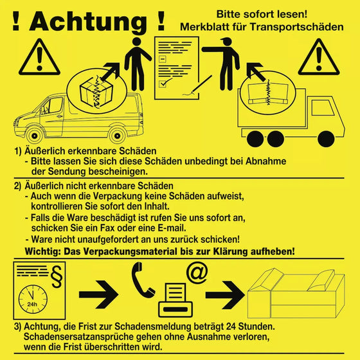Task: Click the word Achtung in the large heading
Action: [88, 22]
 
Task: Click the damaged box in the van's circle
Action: [96, 92]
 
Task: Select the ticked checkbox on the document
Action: [163, 84]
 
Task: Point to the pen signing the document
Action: [202, 84]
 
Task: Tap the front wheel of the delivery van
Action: [35, 136]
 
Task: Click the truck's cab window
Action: [323, 107]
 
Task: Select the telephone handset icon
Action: [143, 280]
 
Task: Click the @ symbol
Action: [197, 273]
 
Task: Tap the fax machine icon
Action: [175, 300]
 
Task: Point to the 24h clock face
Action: [33, 300]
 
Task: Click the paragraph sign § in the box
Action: [57, 276]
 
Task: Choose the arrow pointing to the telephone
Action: [99, 294]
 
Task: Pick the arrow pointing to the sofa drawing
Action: [225, 294]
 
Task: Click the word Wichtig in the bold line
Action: [42, 251]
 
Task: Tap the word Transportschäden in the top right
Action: [296, 27]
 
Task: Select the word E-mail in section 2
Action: [171, 228]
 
